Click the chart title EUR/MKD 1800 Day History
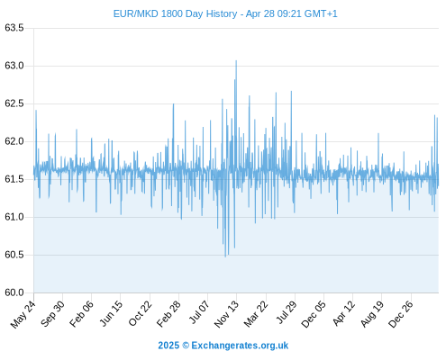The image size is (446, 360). [175, 13]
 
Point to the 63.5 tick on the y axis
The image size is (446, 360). [14, 28]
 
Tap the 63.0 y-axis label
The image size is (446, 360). [14, 66]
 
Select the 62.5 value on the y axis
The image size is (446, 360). [14, 103]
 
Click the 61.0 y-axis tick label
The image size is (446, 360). [14, 217]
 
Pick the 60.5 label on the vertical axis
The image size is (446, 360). [14, 255]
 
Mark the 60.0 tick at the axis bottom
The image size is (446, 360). [14, 292]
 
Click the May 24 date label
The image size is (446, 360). [23, 314]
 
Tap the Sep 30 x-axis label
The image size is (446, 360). [52, 314]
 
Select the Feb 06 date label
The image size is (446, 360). [81, 314]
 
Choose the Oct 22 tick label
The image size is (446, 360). [141, 314]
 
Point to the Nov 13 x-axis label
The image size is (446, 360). [226, 314]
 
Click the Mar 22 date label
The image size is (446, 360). [256, 314]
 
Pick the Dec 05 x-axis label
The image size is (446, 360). [314, 314]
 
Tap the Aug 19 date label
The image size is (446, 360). [372, 314]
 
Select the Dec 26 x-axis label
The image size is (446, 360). [401, 314]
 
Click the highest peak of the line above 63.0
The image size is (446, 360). [236, 61]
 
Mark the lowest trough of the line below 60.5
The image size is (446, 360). [225, 256]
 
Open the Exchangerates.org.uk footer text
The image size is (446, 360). [240, 346]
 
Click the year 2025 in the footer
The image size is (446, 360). [168, 346]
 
